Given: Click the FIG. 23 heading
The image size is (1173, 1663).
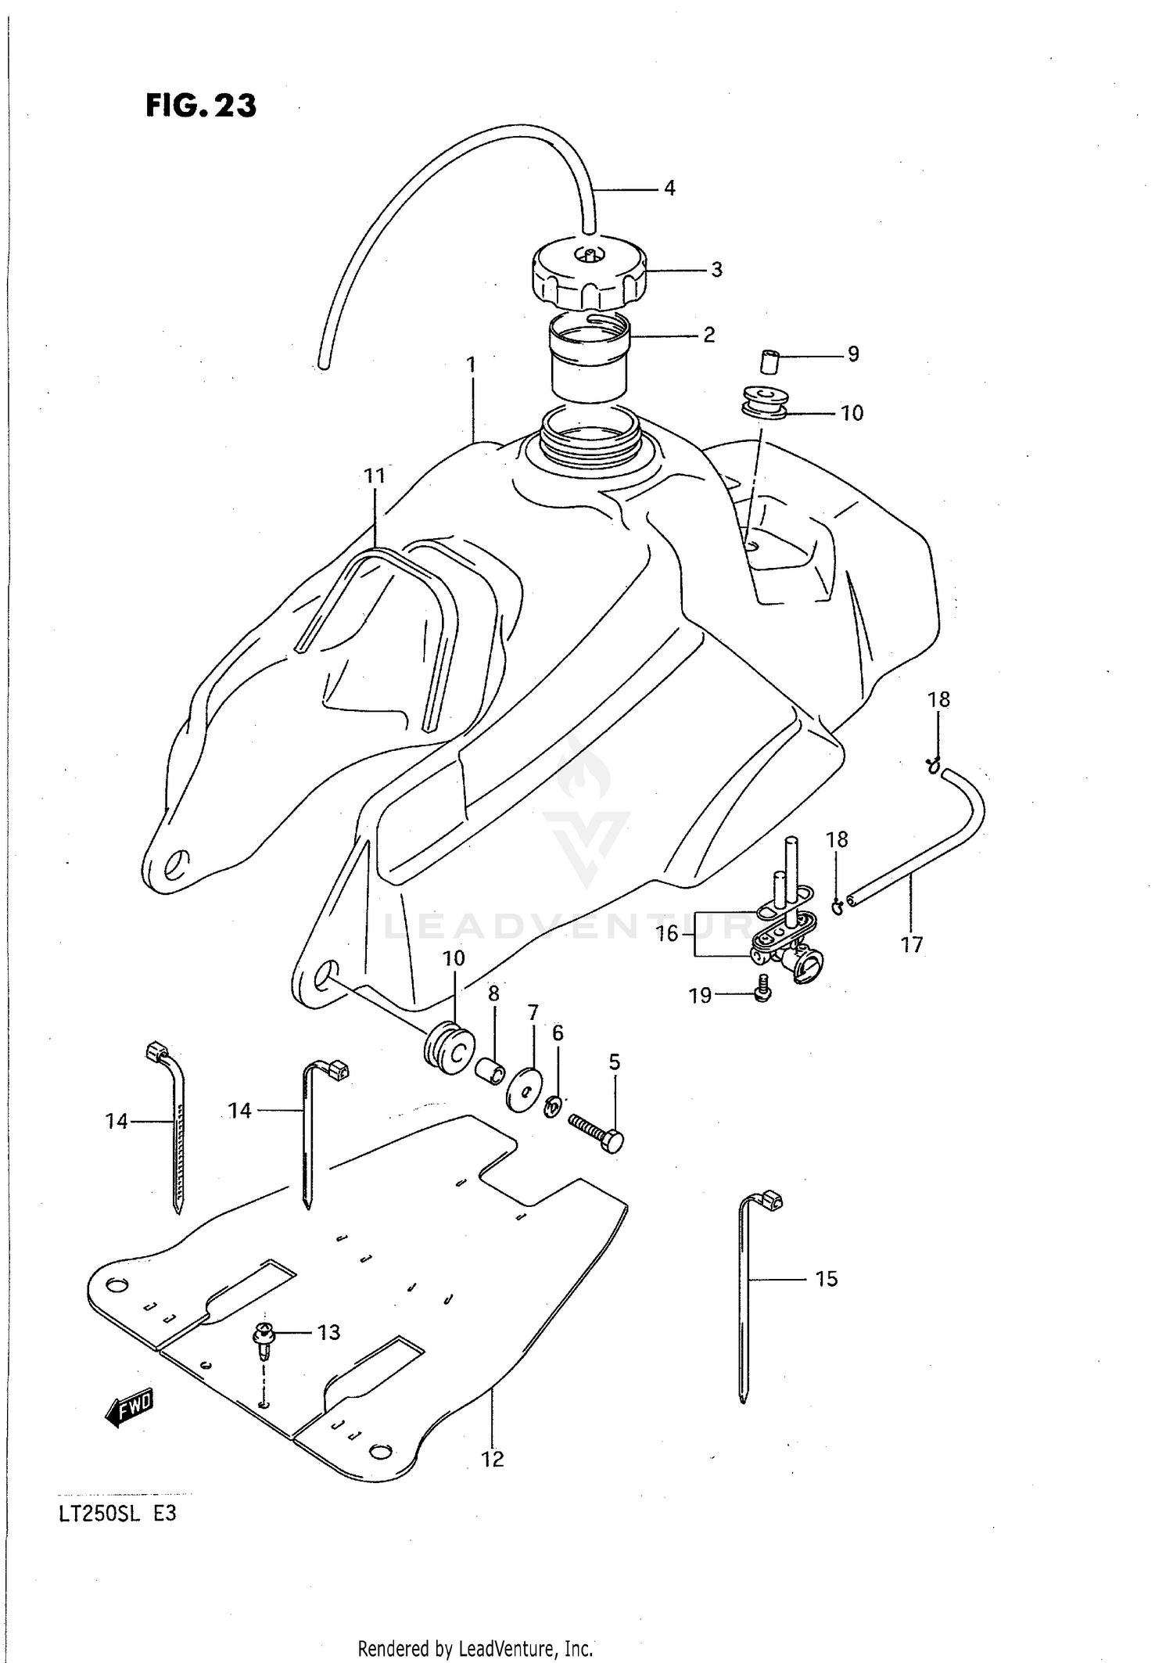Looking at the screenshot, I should [x=201, y=105].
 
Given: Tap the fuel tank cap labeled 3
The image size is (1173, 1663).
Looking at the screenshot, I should [x=588, y=274].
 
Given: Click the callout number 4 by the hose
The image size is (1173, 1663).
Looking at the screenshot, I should [x=669, y=188].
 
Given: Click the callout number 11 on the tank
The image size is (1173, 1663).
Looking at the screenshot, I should [x=375, y=476].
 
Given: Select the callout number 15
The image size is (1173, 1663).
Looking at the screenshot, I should [x=826, y=1278].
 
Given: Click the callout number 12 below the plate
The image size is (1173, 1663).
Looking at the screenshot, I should [x=493, y=1459].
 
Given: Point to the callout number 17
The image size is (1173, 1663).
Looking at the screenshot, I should [x=912, y=945].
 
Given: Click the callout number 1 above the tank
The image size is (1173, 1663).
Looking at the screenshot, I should [x=471, y=365].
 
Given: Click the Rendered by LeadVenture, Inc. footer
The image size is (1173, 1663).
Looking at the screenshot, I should [x=475, y=1649].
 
